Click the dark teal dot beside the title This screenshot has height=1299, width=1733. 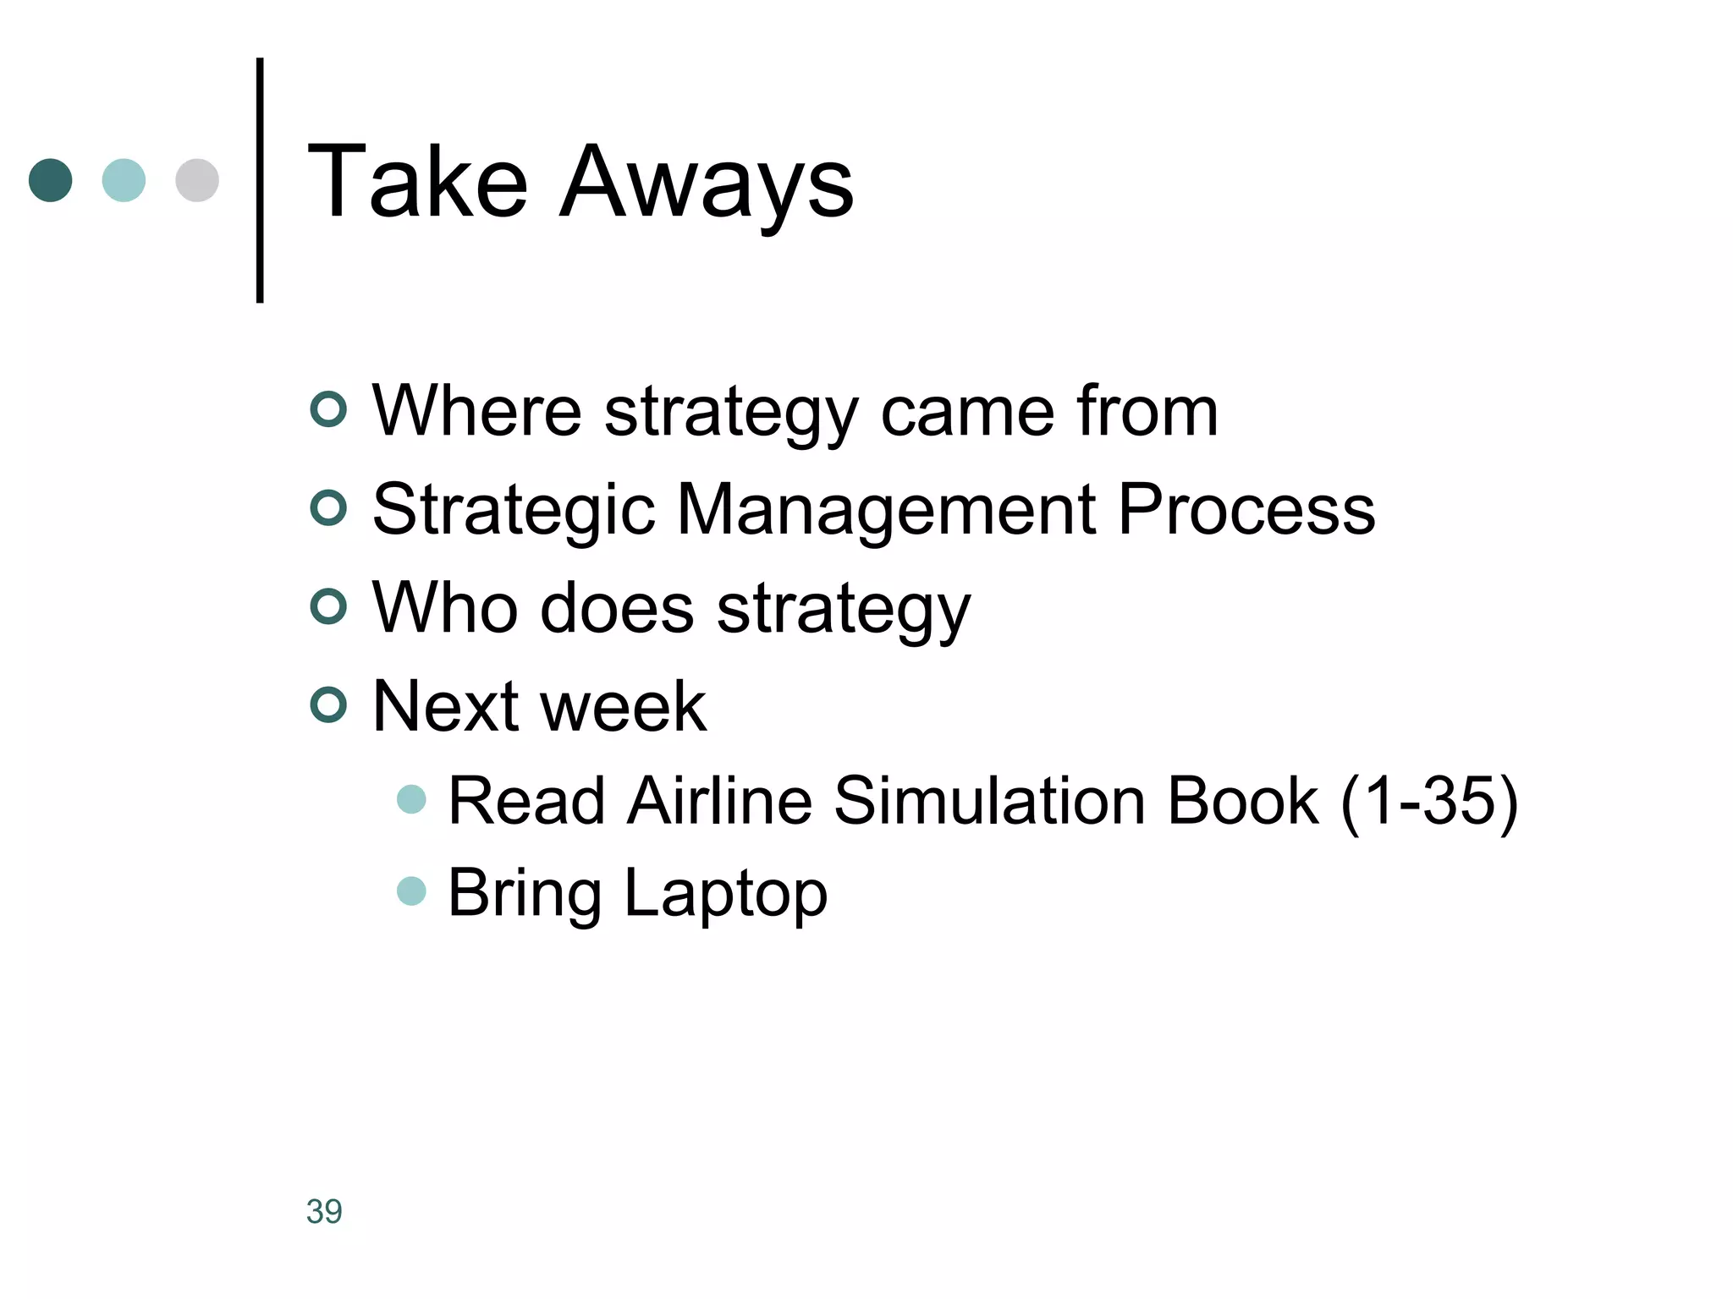[x=51, y=180]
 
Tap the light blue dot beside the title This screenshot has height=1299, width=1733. [x=124, y=180]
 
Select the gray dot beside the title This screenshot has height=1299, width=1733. [x=197, y=180]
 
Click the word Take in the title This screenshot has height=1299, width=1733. [x=417, y=182]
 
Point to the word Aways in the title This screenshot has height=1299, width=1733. [x=707, y=184]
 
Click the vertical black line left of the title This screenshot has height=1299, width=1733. [x=260, y=180]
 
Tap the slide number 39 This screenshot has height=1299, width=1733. [x=324, y=1211]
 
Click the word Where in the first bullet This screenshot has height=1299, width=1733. [x=476, y=411]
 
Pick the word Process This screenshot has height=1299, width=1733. [x=1246, y=510]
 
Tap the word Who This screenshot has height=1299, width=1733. [x=444, y=607]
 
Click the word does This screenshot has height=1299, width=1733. [x=617, y=607]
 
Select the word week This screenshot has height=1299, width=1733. [x=623, y=706]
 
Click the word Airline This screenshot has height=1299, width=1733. [x=719, y=800]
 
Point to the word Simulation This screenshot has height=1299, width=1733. [x=989, y=800]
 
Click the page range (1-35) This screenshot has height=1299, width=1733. [x=1429, y=802]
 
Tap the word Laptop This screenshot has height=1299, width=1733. [x=725, y=894]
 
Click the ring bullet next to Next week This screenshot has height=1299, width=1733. [x=328, y=704]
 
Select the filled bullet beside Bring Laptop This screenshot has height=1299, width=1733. [x=411, y=891]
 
